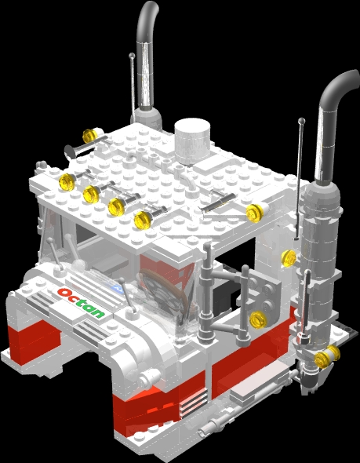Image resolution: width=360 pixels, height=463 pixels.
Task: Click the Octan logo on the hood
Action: click(x=81, y=303)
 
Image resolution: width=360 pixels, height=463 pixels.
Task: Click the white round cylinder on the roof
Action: click(x=192, y=140)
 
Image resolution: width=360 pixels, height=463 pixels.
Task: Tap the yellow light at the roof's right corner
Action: click(x=253, y=213)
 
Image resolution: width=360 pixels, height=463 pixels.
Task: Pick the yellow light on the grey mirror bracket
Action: click(x=257, y=319)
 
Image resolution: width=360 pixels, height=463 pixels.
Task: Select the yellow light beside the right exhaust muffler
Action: click(x=289, y=257)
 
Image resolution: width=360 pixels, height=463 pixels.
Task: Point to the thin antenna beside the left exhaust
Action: click(x=133, y=78)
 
